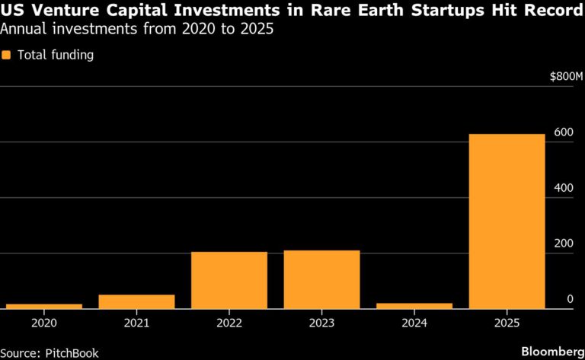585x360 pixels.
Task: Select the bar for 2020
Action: (43, 306)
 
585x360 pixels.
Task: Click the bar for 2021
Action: (136, 301)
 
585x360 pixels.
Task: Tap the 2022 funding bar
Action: (229, 280)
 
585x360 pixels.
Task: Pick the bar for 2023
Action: (321, 279)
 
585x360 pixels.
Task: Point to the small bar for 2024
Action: (414, 306)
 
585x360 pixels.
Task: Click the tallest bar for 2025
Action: (507, 221)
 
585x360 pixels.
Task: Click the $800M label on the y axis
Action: (565, 77)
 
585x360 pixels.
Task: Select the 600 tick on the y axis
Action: (563, 132)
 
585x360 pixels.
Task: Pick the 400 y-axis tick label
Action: (563, 188)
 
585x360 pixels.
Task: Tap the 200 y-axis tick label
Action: (563, 244)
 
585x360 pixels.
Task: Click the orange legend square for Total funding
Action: (7, 55)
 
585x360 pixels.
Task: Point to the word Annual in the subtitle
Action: (22, 30)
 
